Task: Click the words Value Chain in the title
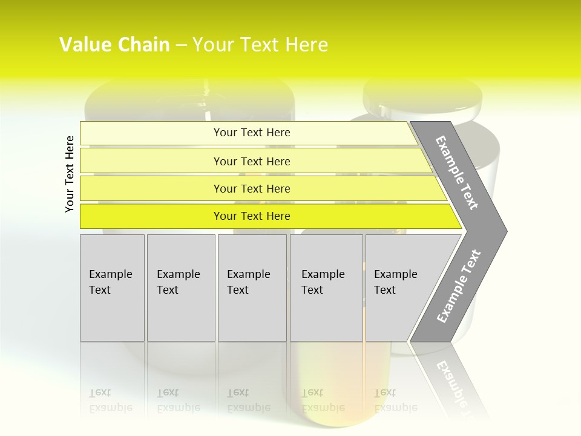114,45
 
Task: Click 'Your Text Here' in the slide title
260,45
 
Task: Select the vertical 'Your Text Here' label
70,174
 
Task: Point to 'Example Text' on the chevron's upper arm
457,173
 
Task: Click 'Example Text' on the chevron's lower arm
459,286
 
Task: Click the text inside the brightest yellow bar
252,216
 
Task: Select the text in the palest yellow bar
252,133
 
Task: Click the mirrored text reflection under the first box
110,401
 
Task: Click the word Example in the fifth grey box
395,274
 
